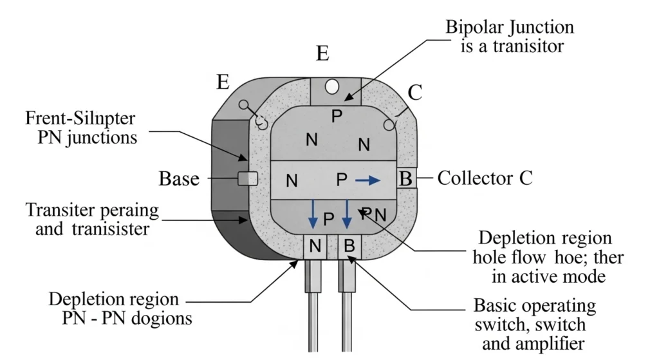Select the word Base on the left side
click(179, 179)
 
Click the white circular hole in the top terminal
click(332, 86)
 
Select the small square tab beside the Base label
click(248, 178)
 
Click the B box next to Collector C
click(406, 178)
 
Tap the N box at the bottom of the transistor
click(315, 245)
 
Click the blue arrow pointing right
click(367, 181)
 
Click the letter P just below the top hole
click(335, 116)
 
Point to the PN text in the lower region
click(373, 213)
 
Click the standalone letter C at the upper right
click(415, 93)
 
